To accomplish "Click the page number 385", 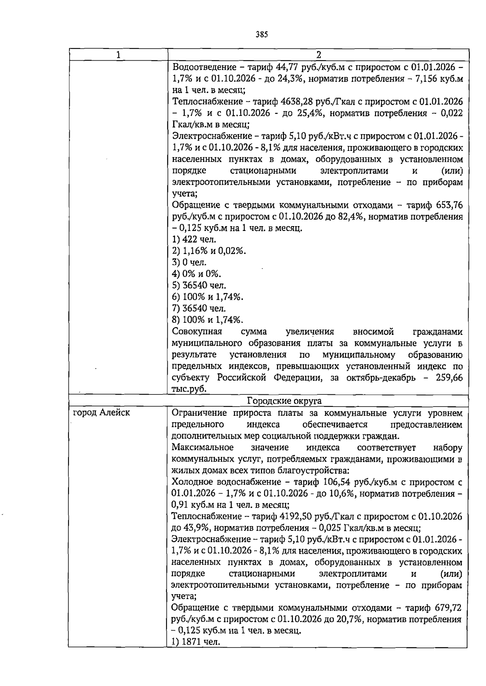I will click(262, 34).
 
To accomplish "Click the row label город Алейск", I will click(101, 413).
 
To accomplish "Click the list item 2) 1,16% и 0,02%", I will click(209, 251).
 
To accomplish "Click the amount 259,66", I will click(449, 377).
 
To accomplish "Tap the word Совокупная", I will click(197, 332).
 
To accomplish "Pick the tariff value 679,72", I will click(448, 608).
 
